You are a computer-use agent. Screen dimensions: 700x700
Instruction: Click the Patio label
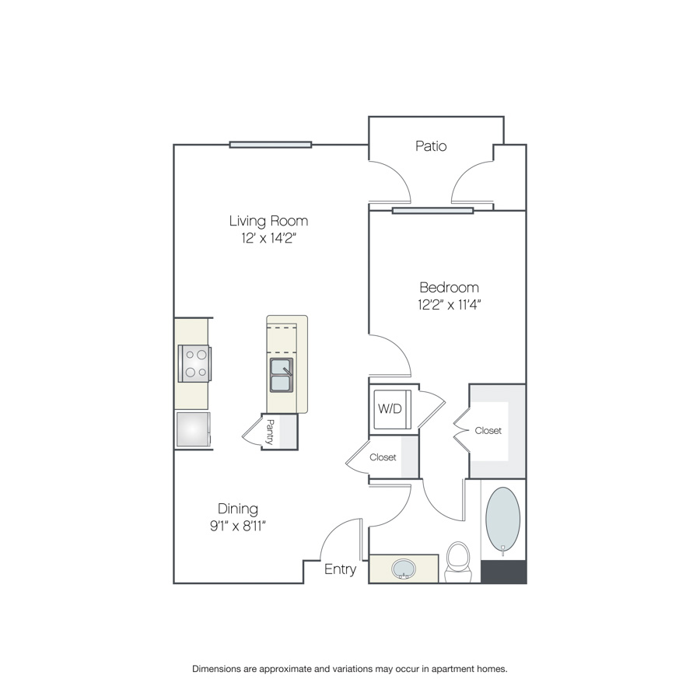[431, 146]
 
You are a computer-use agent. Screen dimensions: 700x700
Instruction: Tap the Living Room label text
[268, 221]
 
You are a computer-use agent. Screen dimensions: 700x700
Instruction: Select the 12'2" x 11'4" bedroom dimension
[449, 304]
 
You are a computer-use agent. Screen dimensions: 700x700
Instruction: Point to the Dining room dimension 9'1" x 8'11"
[237, 526]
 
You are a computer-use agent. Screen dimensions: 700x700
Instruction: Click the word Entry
[340, 569]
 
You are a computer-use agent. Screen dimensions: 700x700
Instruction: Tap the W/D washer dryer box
[392, 409]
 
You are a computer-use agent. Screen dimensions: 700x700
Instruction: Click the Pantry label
[270, 432]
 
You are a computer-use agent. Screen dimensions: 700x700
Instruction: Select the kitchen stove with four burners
[194, 363]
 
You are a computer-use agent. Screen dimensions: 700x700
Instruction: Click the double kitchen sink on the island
[282, 375]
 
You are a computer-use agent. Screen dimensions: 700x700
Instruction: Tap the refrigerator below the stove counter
[193, 429]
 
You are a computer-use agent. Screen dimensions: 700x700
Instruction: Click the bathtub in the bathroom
[502, 520]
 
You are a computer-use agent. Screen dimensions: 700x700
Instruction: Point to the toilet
[458, 562]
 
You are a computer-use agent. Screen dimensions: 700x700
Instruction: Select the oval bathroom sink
[404, 569]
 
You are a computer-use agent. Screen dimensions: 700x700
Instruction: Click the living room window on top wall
[271, 145]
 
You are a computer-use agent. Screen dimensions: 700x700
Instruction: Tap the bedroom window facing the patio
[432, 211]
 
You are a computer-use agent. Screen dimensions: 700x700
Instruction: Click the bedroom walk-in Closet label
[488, 431]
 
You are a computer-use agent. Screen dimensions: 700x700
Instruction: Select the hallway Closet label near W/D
[383, 457]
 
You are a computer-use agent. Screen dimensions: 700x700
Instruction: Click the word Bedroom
[449, 287]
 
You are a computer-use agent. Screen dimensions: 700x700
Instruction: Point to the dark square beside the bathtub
[503, 572]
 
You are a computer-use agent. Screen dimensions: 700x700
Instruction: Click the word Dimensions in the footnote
[216, 669]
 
